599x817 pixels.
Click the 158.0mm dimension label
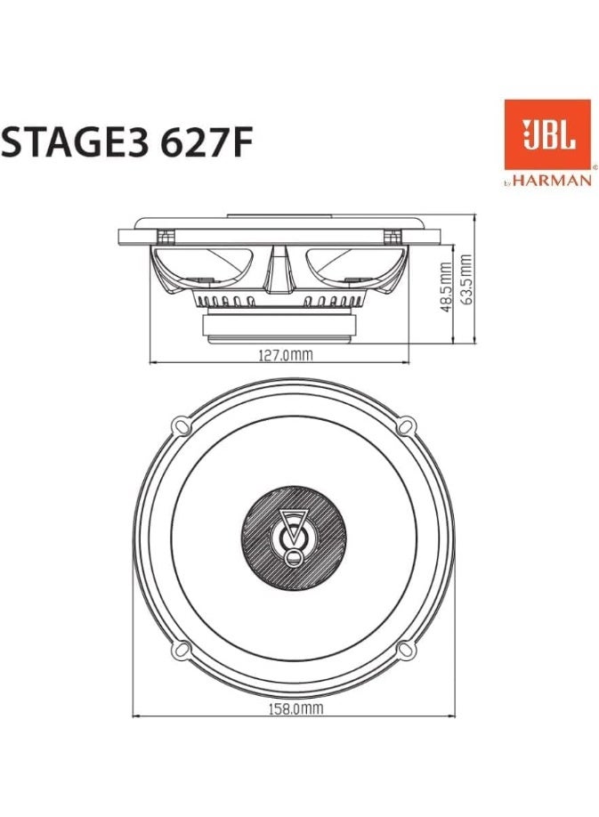coord(296,709)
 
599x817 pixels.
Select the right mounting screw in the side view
coord(392,237)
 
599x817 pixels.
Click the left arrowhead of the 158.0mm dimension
coord(136,715)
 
